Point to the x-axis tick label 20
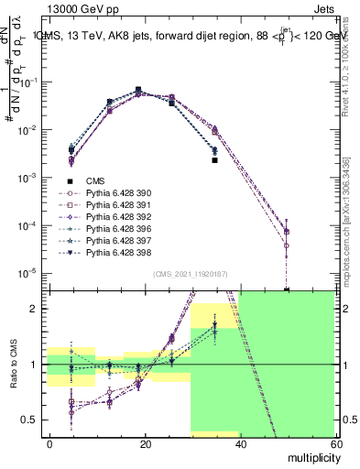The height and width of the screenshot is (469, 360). tap(145, 443)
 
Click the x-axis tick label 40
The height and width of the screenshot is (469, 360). tap(240, 443)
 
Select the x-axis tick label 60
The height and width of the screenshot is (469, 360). tap(334, 443)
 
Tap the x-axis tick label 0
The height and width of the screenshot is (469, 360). tap(50, 443)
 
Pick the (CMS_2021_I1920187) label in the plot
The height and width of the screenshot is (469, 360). tap(190, 274)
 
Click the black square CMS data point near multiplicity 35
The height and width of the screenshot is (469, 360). tap(214, 159)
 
